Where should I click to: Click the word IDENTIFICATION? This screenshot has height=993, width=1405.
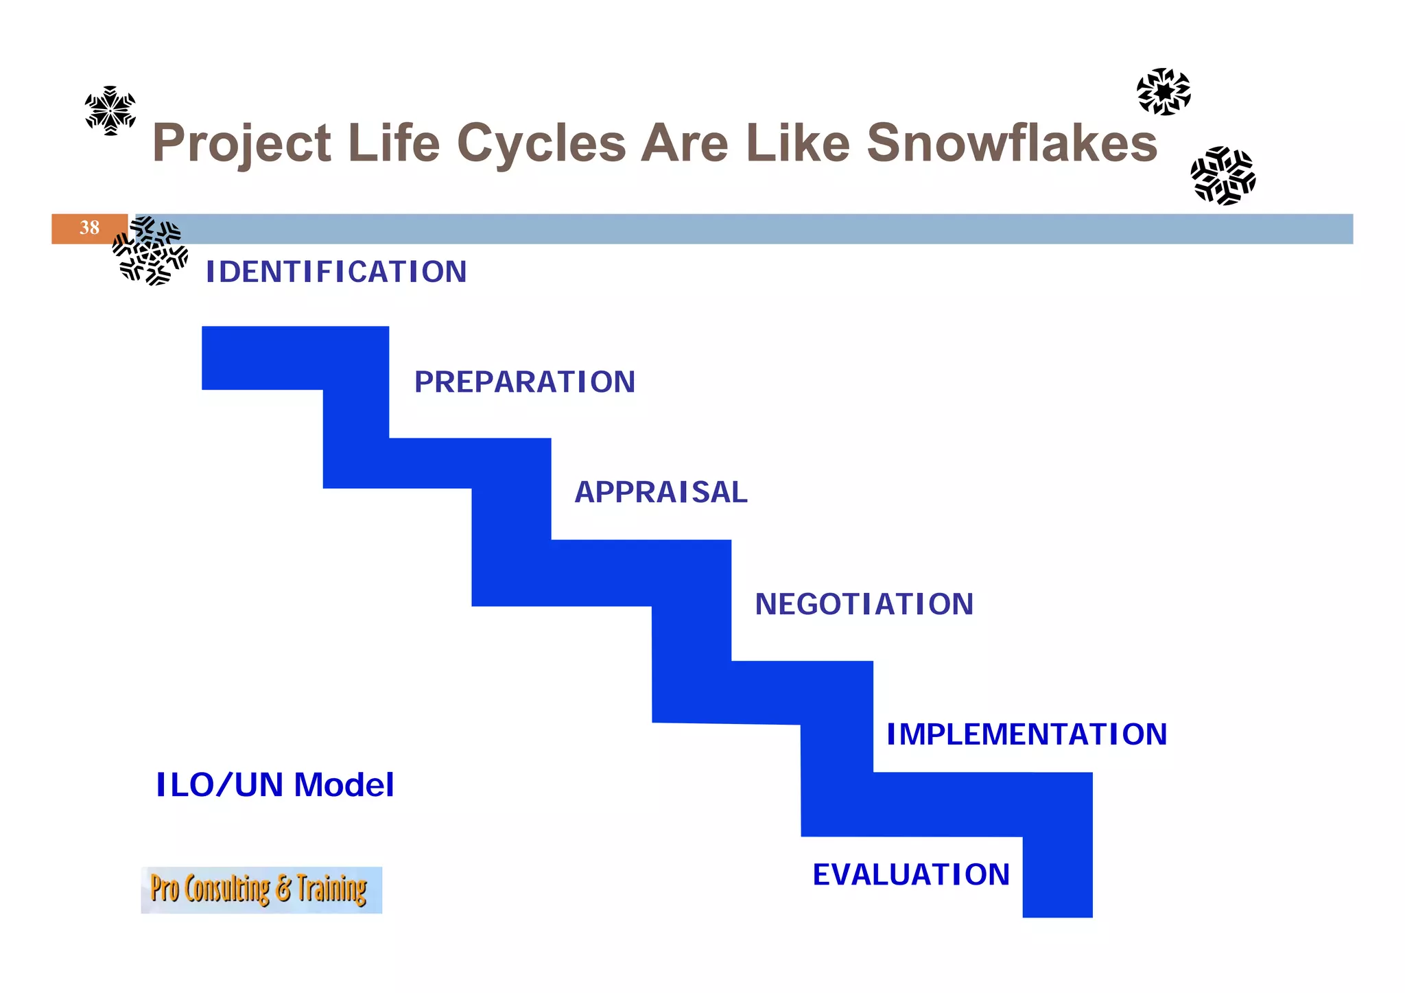click(336, 272)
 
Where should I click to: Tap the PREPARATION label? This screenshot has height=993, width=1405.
click(525, 382)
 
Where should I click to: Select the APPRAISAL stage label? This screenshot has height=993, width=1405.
click(661, 493)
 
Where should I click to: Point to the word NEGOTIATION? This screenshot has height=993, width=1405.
click(864, 605)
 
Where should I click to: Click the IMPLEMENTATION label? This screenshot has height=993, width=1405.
click(1026, 734)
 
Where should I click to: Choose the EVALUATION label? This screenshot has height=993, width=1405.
click(911, 875)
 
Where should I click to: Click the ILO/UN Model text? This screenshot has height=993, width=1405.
click(275, 785)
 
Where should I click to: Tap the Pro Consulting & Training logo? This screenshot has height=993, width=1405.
click(261, 890)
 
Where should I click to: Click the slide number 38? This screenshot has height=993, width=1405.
click(89, 228)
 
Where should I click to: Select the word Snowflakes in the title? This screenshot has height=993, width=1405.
click(1012, 143)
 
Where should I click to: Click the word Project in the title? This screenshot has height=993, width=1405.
click(241, 144)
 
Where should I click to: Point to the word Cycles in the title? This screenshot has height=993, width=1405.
click(541, 144)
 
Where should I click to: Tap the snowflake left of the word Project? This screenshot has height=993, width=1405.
click(110, 110)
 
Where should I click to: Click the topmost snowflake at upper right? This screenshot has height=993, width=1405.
click(1164, 91)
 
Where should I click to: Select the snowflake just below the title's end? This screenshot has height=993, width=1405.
click(1223, 176)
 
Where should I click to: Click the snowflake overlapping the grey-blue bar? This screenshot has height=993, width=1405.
click(150, 250)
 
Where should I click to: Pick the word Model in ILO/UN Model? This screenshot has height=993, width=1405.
click(344, 785)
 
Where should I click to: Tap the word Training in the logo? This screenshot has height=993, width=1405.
click(331, 889)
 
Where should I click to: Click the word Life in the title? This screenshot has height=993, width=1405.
click(393, 143)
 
